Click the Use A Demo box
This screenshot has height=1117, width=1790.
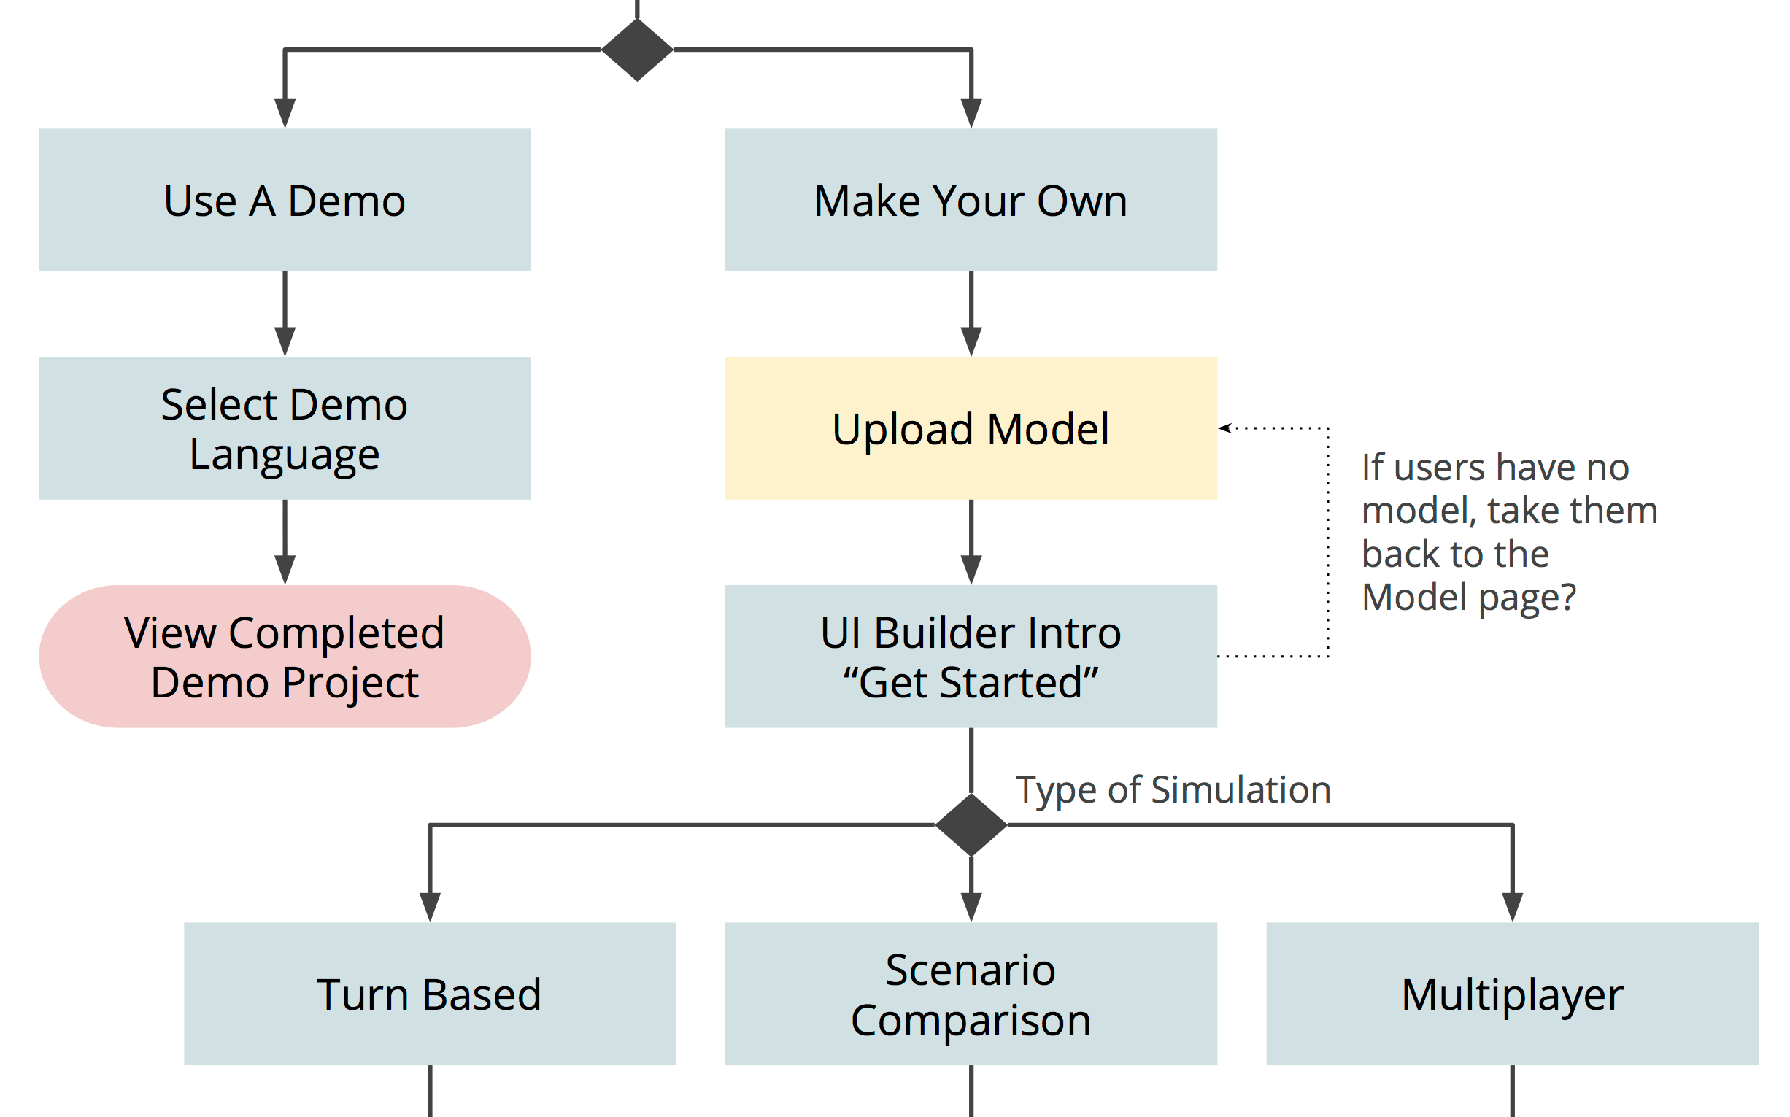pyautogui.click(x=285, y=200)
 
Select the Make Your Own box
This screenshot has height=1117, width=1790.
pyautogui.click(x=971, y=200)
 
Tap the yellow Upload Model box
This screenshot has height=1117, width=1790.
pyautogui.click(x=971, y=428)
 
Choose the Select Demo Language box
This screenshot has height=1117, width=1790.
pyautogui.click(x=285, y=428)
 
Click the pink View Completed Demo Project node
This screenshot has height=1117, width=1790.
pyautogui.click(x=285, y=657)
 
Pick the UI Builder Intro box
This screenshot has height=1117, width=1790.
pyautogui.click(x=971, y=657)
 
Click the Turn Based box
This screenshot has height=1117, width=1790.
pyautogui.click(x=429, y=994)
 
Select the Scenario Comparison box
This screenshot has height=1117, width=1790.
pyautogui.click(x=971, y=994)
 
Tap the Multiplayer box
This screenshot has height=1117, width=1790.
pyautogui.click(x=1511, y=994)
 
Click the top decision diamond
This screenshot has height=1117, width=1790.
pyautogui.click(x=637, y=50)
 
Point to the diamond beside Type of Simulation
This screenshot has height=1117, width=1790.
pyautogui.click(x=971, y=825)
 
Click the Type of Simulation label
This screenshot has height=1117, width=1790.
pyautogui.click(x=1173, y=790)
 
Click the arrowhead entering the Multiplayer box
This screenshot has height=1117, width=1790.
pyautogui.click(x=1512, y=906)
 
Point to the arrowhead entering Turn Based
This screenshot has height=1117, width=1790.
pyautogui.click(x=430, y=906)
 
